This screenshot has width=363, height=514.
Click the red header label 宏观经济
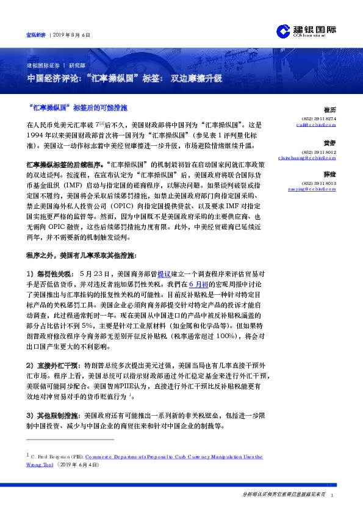pos(35,35)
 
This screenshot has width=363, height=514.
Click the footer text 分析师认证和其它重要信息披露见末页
pos(283,494)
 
